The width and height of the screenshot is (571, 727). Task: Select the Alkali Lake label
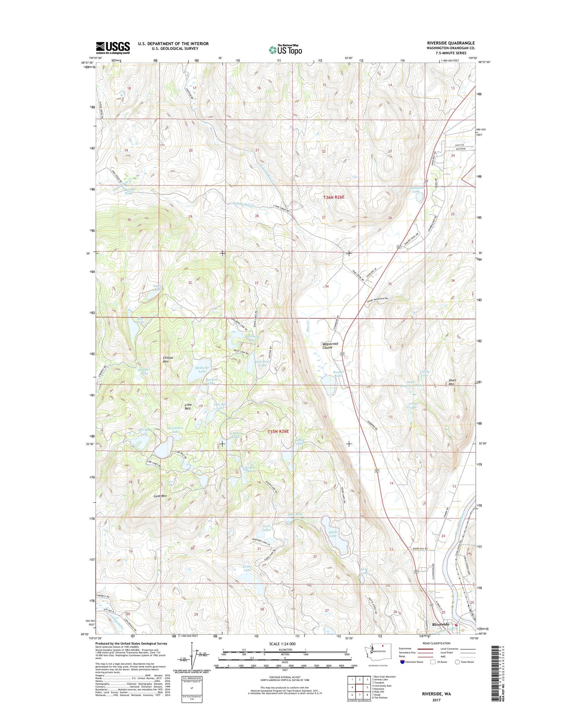[x=333, y=533]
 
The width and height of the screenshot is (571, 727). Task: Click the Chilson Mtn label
[x=168, y=359]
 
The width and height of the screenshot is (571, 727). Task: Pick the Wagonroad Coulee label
[x=330, y=345]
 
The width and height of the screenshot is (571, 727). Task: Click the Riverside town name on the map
[x=440, y=624]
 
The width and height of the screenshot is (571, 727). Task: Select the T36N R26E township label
[x=333, y=197]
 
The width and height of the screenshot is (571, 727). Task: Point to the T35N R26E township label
[x=278, y=432]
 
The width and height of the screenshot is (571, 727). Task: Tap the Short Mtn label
[x=452, y=382]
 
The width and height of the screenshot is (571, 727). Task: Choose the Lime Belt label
[x=188, y=406]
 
